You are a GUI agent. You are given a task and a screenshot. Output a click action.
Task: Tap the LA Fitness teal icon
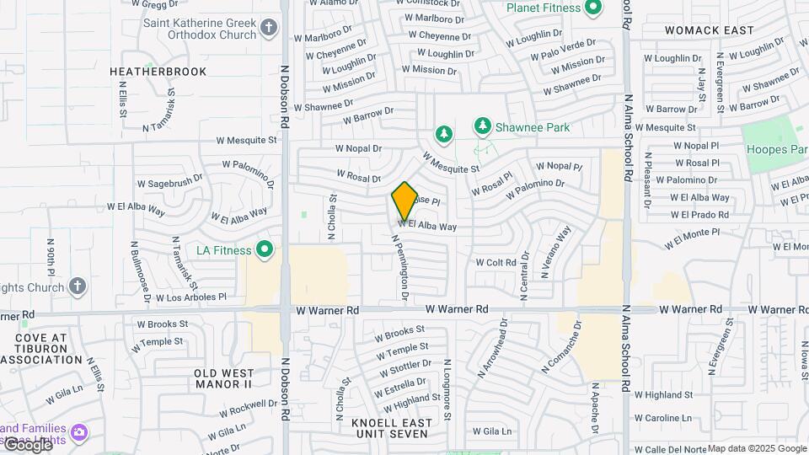tap(265, 249)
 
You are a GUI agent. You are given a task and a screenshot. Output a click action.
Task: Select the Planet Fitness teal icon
tap(592, 8)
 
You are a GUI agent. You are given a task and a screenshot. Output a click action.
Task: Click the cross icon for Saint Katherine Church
tap(269, 29)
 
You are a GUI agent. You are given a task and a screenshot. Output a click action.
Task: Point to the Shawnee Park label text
tap(532, 127)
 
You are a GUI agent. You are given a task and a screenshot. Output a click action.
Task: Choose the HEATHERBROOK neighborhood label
tap(158, 72)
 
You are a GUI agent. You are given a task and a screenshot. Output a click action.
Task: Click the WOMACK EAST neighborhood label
tap(709, 30)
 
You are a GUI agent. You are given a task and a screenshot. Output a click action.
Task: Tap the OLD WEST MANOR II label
tap(223, 378)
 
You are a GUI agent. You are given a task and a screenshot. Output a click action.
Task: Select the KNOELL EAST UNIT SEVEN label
tap(392, 428)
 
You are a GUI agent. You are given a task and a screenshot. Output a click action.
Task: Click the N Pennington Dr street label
tap(399, 268)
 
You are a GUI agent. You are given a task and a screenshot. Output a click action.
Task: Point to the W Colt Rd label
tap(496, 262)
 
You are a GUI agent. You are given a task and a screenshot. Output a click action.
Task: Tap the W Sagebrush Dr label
tap(169, 180)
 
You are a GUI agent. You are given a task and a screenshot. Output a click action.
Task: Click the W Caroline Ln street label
tap(662, 417)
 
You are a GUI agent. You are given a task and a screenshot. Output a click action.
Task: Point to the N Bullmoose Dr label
tap(140, 271)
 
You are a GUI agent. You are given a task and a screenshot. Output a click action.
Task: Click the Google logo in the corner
tap(28, 444)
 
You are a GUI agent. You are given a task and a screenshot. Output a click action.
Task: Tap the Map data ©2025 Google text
tap(757, 448)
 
